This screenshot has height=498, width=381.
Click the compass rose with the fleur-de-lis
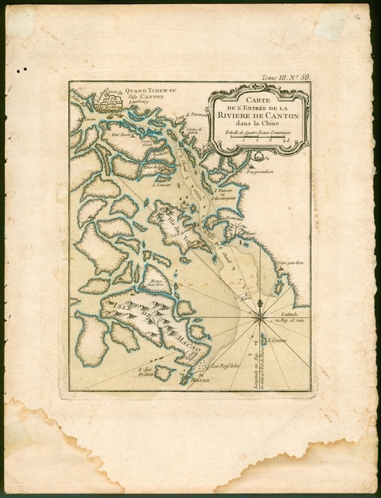pos(261,309)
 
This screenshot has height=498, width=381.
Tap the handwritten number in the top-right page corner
pos(356,14)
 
